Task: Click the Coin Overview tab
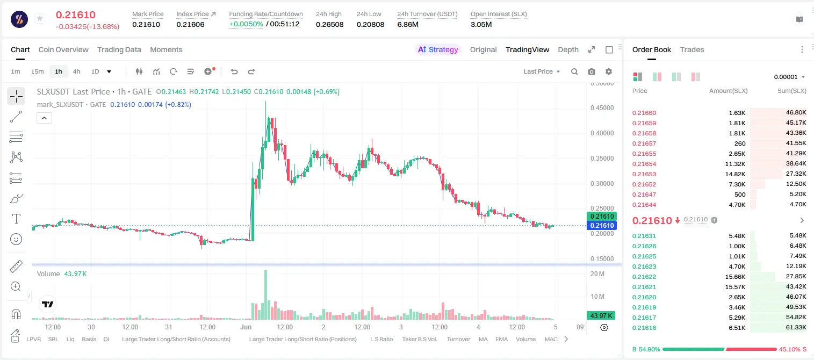pyautogui.click(x=63, y=49)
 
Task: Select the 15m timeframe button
pyautogui.click(x=38, y=71)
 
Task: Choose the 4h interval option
pyautogui.click(x=76, y=71)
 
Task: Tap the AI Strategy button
pyautogui.click(x=438, y=49)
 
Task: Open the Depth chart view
pyautogui.click(x=568, y=49)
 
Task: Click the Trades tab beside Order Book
pyautogui.click(x=692, y=49)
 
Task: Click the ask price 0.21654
pyautogui.click(x=644, y=164)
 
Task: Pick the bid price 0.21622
pyautogui.click(x=644, y=277)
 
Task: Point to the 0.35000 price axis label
pyautogui.click(x=602, y=159)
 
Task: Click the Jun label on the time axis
pyautogui.click(x=246, y=327)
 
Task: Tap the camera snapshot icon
pyautogui.click(x=592, y=71)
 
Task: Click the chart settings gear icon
pyautogui.click(x=609, y=71)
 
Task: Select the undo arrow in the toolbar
pyautogui.click(x=234, y=71)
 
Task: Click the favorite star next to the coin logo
pyautogui.click(x=40, y=18)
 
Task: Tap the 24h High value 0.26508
pyautogui.click(x=329, y=24)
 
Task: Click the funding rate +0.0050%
pyautogui.click(x=246, y=24)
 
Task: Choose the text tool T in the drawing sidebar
pyautogui.click(x=16, y=219)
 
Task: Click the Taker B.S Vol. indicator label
pyautogui.click(x=419, y=339)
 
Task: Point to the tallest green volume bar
pyautogui.click(x=265, y=295)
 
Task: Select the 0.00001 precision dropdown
pyautogui.click(x=790, y=77)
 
